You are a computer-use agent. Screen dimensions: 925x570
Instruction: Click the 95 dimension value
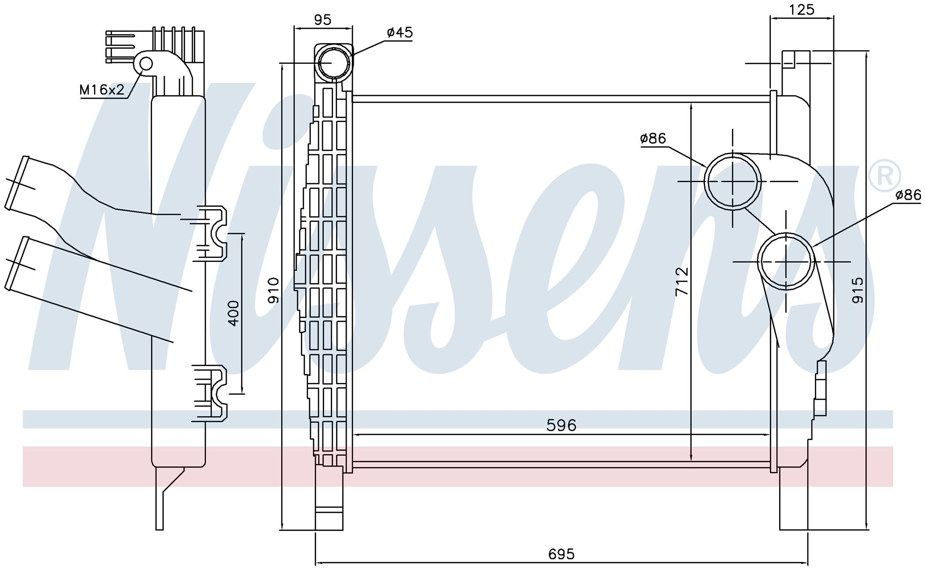point(323,20)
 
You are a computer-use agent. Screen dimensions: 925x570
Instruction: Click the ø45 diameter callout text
point(400,32)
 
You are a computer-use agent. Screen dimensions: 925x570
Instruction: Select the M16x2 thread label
point(102,90)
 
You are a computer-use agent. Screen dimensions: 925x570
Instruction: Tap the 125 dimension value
point(802,9)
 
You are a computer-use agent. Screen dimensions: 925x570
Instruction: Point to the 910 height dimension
point(274,290)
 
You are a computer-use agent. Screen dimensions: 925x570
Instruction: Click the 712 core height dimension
point(681,281)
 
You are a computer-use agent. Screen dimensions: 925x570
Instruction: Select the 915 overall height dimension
point(858,290)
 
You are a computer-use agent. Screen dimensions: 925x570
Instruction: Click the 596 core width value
point(561,425)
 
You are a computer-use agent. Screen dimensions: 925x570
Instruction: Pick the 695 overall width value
point(561,554)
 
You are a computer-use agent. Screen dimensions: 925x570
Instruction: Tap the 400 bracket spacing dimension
point(233,313)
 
